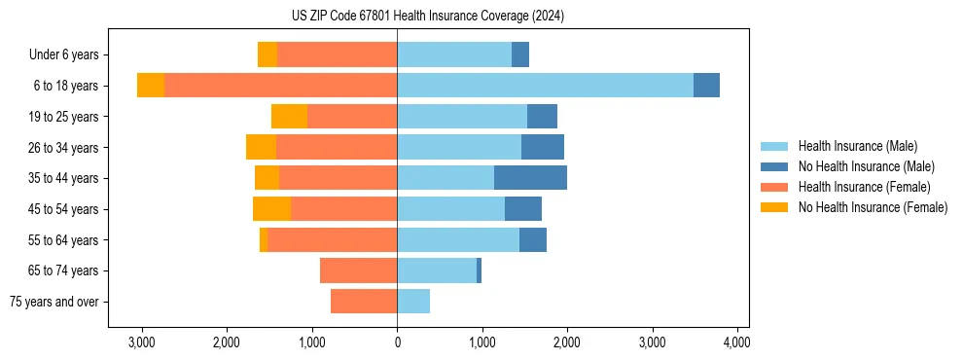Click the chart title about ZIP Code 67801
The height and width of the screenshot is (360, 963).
tap(427, 17)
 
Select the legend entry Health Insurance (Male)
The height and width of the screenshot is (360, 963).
tap(857, 146)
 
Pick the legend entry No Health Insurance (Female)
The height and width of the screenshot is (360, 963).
tap(873, 207)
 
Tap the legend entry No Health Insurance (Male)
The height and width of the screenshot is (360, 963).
tap(866, 166)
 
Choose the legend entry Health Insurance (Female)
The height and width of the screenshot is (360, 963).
tap(864, 187)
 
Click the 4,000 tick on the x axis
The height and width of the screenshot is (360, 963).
tap(736, 343)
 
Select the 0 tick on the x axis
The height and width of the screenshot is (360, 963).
tap(397, 343)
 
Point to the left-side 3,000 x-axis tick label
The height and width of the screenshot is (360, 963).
tap(142, 343)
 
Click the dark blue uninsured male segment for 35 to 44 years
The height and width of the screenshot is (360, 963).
tap(530, 178)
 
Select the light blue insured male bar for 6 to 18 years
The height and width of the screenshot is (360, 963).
tap(545, 86)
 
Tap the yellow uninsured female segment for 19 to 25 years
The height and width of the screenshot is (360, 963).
tap(289, 117)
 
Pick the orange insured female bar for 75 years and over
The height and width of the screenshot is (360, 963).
tap(364, 302)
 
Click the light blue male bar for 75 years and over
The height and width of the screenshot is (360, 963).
tap(413, 302)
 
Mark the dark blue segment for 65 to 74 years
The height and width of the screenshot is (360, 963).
tap(480, 270)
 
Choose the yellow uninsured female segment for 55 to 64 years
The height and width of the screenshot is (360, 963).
tap(264, 240)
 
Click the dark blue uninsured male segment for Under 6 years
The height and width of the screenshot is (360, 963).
tap(520, 55)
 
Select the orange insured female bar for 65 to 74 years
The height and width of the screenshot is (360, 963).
tap(358, 270)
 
